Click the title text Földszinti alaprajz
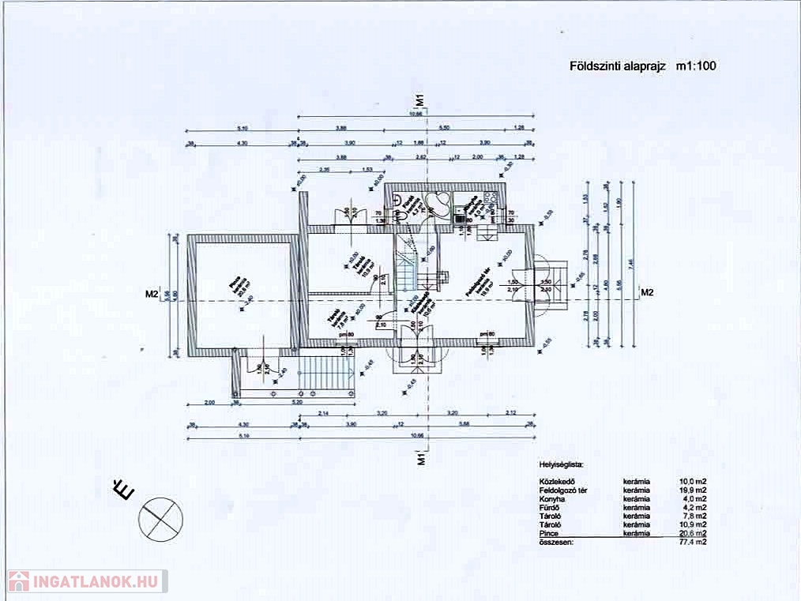[x=617, y=66]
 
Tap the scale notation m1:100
[x=696, y=66]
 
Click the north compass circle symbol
[x=160, y=518]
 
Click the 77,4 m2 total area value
[x=693, y=543]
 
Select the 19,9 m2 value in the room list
[x=693, y=490]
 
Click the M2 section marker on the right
[x=647, y=293]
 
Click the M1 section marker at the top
[x=421, y=101]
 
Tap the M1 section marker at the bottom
[x=421, y=459]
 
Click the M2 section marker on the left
[x=152, y=295]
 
